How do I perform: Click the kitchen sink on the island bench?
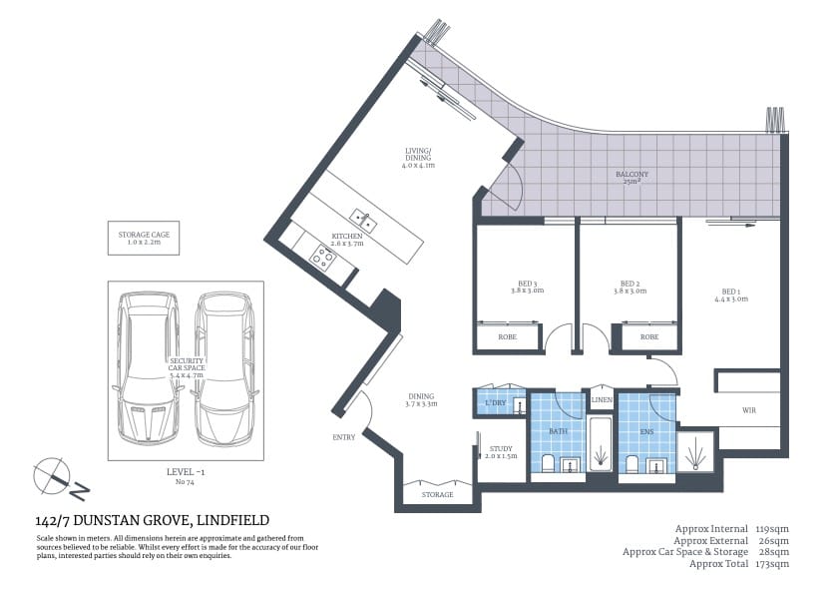point(361,218)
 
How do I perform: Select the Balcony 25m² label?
point(630,178)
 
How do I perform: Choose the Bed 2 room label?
point(629,287)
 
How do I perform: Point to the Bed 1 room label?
point(730,295)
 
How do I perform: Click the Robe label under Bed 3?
point(509,337)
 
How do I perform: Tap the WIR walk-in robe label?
point(748,410)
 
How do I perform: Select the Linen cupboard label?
point(602,400)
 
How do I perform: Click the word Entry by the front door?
point(344,437)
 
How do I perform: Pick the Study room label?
point(501,452)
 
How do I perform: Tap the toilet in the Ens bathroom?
point(631,463)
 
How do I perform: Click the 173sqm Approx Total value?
point(773,564)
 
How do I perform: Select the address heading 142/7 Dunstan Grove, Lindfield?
point(152,520)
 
